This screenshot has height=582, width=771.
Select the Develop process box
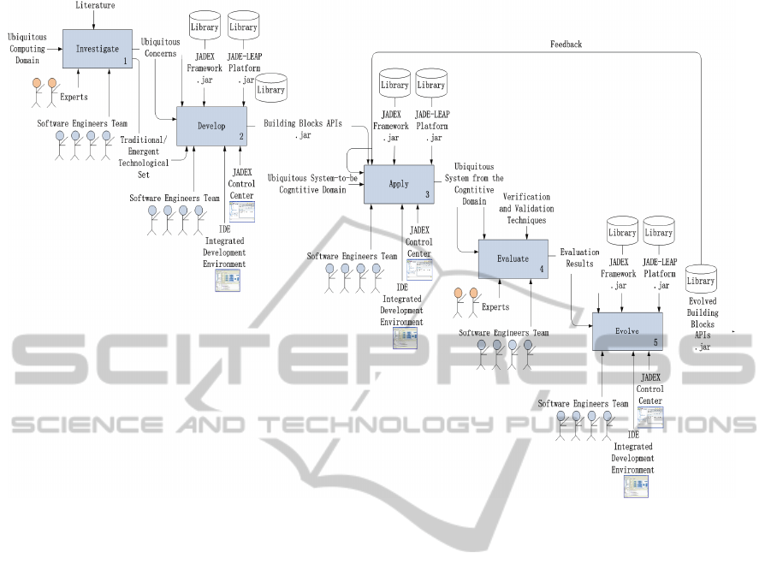(x=211, y=126)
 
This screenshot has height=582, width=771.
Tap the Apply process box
(x=399, y=184)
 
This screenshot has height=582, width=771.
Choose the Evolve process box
(x=627, y=330)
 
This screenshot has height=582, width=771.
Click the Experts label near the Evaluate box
(x=495, y=306)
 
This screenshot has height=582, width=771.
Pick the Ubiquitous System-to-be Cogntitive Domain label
(x=311, y=183)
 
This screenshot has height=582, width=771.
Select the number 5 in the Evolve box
(x=655, y=341)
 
